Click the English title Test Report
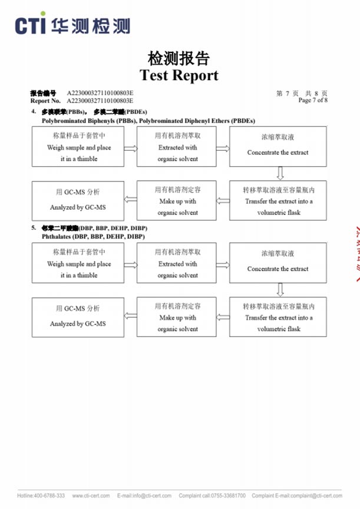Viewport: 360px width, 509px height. (x=179, y=75)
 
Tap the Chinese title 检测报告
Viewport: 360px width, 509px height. (x=179, y=59)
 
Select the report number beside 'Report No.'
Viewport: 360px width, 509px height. (x=100, y=101)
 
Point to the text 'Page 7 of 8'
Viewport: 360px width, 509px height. (x=313, y=101)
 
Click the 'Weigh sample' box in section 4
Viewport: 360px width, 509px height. (x=78, y=148)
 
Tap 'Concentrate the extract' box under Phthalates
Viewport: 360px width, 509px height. (x=278, y=263)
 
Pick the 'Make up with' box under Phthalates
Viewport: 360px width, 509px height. (x=177, y=318)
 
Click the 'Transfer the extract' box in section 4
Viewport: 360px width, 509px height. (x=279, y=201)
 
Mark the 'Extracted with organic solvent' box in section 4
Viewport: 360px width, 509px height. (x=177, y=148)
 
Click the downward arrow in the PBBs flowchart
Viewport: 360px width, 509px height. (x=280, y=173)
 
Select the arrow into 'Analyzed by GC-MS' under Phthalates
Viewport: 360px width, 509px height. (x=130, y=317)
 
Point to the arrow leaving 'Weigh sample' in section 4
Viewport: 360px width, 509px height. (x=130, y=148)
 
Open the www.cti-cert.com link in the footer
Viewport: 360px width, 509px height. (x=89, y=495)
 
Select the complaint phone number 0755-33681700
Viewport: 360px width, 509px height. (x=226, y=495)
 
